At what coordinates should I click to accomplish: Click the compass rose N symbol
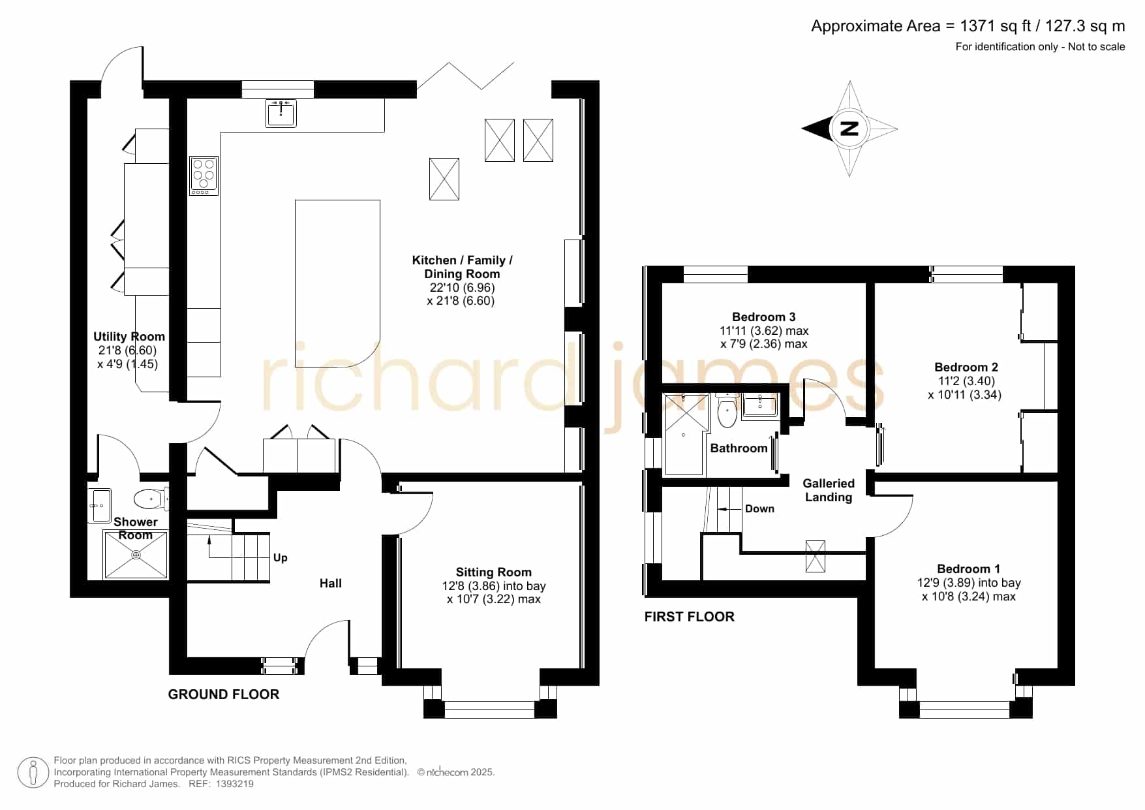[x=849, y=129]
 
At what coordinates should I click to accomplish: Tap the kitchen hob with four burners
[x=204, y=176]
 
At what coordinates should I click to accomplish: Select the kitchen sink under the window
[x=281, y=113]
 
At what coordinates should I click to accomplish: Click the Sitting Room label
[x=494, y=572]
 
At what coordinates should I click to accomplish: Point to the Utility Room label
[x=129, y=337]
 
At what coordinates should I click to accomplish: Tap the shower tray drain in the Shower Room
[x=136, y=555]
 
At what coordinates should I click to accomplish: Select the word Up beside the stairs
[x=281, y=557]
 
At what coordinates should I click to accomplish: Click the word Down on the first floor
[x=760, y=509]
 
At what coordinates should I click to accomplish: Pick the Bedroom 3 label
[x=764, y=317]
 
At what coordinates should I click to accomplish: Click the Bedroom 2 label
[x=966, y=367]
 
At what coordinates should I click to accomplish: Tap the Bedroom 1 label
[x=969, y=569]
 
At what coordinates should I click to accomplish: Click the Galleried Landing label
[x=829, y=490]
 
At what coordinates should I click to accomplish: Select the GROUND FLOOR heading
[x=224, y=694]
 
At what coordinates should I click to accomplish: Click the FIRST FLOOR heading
[x=690, y=617]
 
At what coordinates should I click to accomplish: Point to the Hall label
[x=331, y=584]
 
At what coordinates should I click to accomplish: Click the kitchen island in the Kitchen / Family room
[x=337, y=285]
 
